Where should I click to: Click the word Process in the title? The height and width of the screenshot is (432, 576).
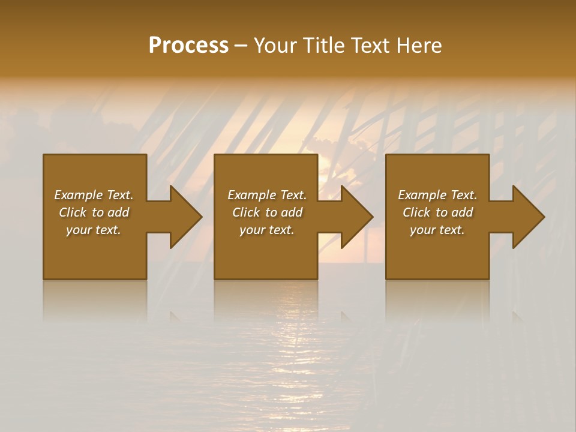[188, 46]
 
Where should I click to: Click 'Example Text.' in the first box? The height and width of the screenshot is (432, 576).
[94, 195]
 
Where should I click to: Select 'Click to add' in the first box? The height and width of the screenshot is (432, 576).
[94, 212]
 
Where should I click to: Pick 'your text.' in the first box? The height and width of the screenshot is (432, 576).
[94, 230]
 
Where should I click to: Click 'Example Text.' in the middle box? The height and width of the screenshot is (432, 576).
[267, 195]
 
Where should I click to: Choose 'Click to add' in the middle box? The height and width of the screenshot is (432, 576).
[267, 212]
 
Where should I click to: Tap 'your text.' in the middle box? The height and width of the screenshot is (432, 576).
[267, 230]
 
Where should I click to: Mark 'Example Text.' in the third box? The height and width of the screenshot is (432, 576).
[437, 195]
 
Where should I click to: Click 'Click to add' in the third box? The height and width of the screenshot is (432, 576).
[437, 212]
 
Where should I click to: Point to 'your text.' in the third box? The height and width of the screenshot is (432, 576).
[437, 230]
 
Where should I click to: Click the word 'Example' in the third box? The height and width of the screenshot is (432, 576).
[422, 195]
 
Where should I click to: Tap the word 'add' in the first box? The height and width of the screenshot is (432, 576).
[119, 212]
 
